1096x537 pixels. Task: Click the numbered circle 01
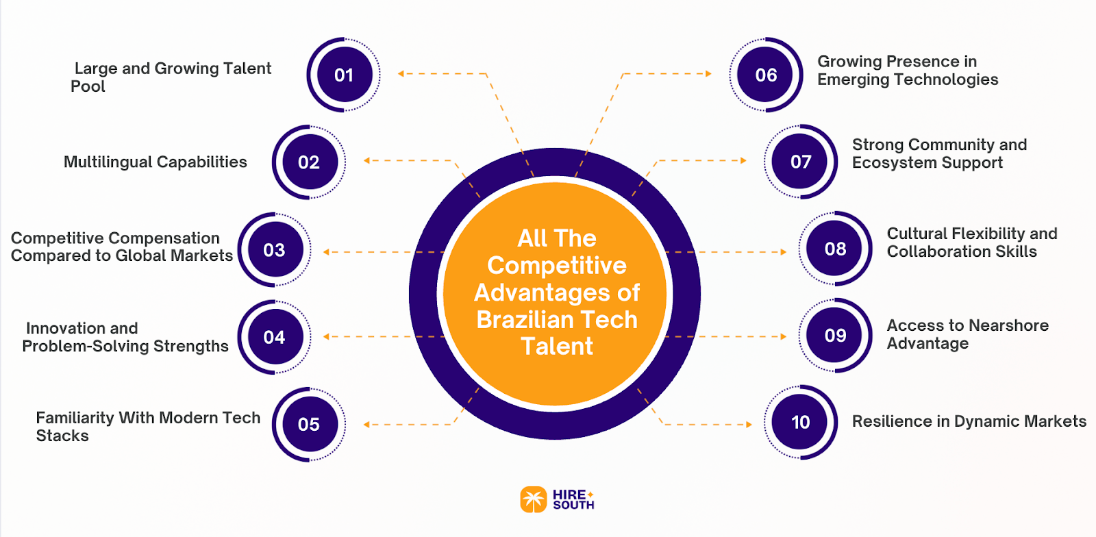pyautogui.click(x=343, y=75)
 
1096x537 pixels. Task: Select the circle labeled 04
pyautogui.click(x=274, y=337)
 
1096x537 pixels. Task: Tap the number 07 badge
pyautogui.click(x=801, y=162)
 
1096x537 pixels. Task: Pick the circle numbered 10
pyautogui.click(x=800, y=422)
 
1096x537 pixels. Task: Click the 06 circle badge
pyautogui.click(x=766, y=75)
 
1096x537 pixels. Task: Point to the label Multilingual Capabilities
pyautogui.click(x=155, y=162)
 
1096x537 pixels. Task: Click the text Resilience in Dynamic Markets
pyautogui.click(x=969, y=421)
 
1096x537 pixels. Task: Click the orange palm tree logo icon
pyautogui.click(x=533, y=499)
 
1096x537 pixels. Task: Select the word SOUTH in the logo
pyautogui.click(x=573, y=505)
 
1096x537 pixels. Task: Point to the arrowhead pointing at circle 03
pyautogui.click(x=326, y=252)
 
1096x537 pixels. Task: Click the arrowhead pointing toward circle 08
pyautogui.click(x=784, y=252)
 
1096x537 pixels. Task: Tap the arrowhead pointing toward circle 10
pyautogui.click(x=749, y=425)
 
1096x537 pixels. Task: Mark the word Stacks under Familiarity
pyautogui.click(x=62, y=436)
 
